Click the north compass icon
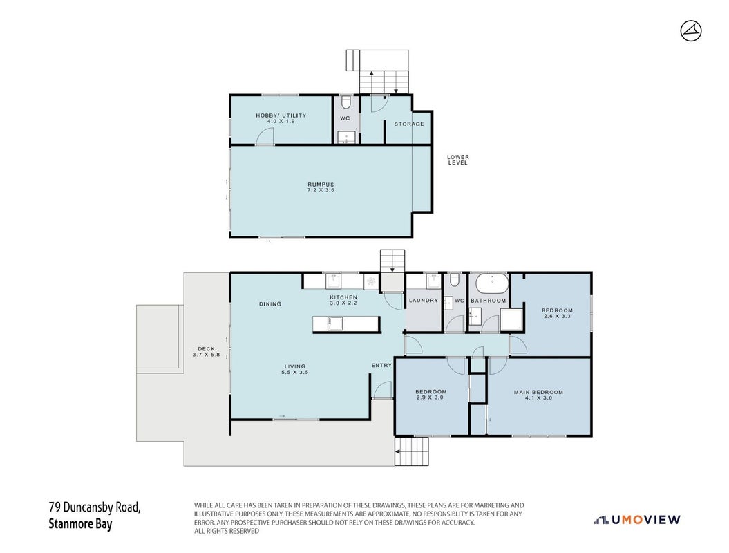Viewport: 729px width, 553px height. [x=691, y=31]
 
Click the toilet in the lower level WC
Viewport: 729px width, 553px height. [x=345, y=102]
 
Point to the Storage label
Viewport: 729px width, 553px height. [x=409, y=124]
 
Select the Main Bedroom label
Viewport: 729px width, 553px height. [x=538, y=392]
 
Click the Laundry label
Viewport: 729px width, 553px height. [x=424, y=301]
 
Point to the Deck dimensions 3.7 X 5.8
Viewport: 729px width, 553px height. [x=207, y=355]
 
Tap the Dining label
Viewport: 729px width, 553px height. [x=270, y=303]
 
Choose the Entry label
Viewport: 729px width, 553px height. [x=381, y=366]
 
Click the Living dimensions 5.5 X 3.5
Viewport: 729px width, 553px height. [x=295, y=372]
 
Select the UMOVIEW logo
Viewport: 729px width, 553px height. [x=637, y=520]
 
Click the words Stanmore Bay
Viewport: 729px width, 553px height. [x=80, y=524]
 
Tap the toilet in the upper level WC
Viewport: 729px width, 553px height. [x=455, y=279]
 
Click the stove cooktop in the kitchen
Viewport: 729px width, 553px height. [x=371, y=281]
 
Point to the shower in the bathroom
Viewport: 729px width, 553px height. [x=512, y=319]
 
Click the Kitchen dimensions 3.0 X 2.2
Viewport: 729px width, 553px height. [x=343, y=303]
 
